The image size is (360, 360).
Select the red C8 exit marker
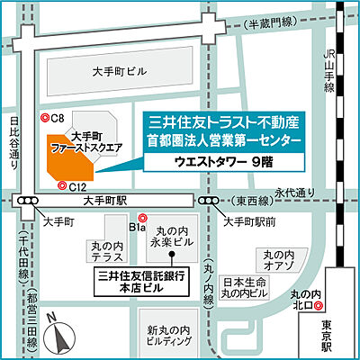click(45, 118)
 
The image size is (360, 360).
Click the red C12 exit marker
click(61, 186)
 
